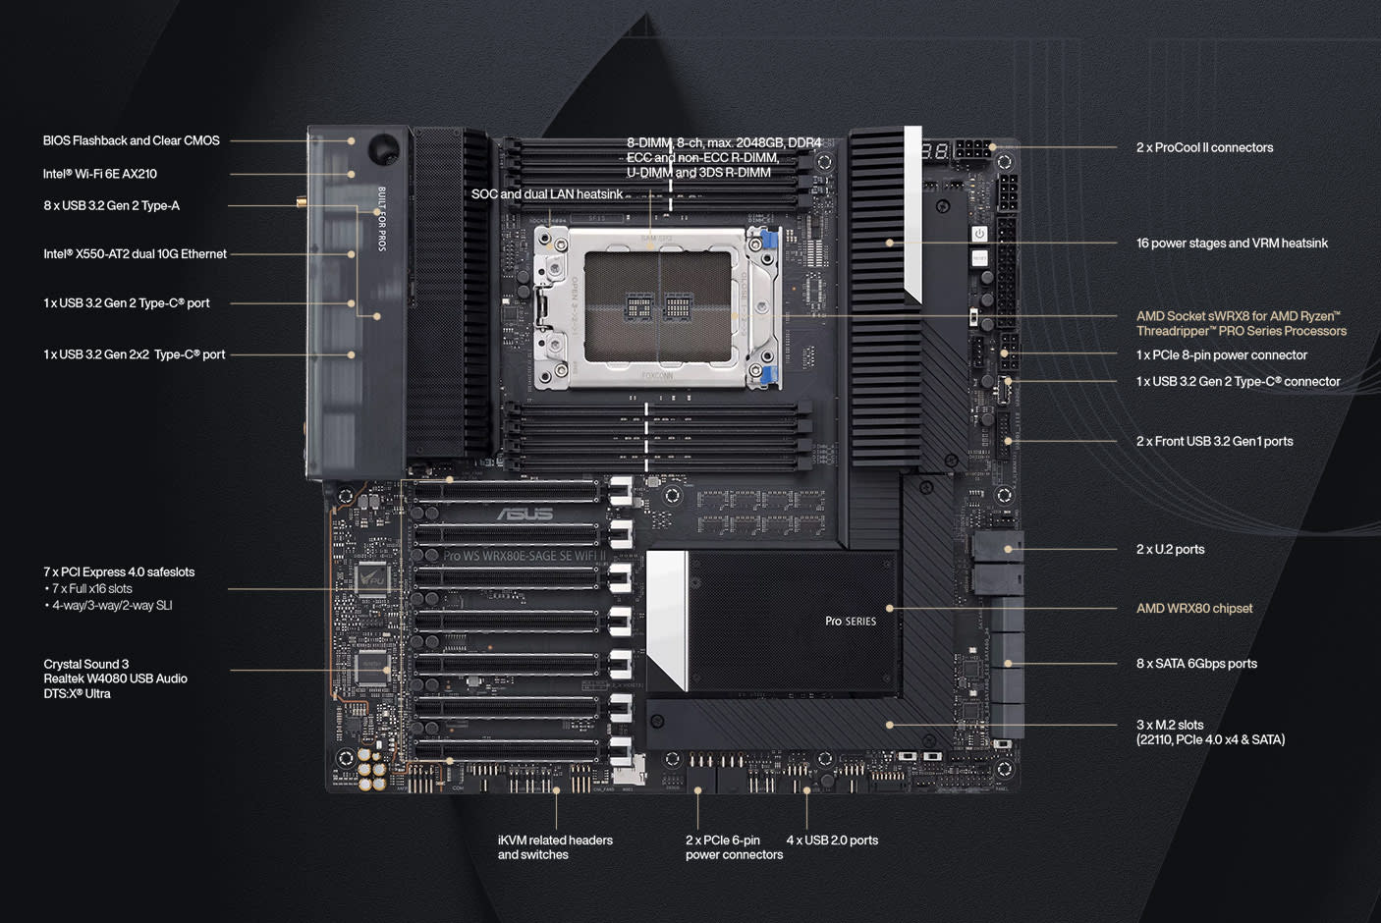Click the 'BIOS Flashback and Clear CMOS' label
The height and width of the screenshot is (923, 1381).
tap(131, 140)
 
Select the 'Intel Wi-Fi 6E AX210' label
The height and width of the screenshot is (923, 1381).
tap(99, 174)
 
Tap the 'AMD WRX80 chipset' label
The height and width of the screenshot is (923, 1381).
tap(1193, 608)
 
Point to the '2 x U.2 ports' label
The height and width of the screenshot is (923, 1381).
tap(1170, 549)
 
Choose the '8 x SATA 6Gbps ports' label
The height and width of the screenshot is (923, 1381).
tap(1196, 664)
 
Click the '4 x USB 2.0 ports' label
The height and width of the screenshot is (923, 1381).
tap(832, 840)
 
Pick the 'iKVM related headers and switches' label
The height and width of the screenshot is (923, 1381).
tap(555, 847)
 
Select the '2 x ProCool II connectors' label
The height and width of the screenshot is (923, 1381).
tap(1204, 147)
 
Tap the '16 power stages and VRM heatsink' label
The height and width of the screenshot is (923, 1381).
tap(1232, 243)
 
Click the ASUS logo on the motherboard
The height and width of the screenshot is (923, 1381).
tap(525, 514)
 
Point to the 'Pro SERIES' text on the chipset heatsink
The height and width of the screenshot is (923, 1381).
tap(851, 621)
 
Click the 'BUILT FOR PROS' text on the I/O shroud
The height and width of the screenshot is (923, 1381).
tap(382, 218)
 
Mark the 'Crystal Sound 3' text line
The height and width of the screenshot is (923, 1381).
tap(85, 664)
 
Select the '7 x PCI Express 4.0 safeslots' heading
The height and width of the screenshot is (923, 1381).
tap(119, 571)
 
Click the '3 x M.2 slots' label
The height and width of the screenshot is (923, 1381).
tap(1170, 725)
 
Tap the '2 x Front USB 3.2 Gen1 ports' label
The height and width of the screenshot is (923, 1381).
tap(1214, 441)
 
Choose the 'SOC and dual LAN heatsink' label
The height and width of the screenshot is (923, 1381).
tap(547, 193)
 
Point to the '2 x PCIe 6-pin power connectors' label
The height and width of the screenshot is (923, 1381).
tap(734, 847)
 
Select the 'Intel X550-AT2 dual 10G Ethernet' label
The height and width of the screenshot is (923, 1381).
tap(135, 253)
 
